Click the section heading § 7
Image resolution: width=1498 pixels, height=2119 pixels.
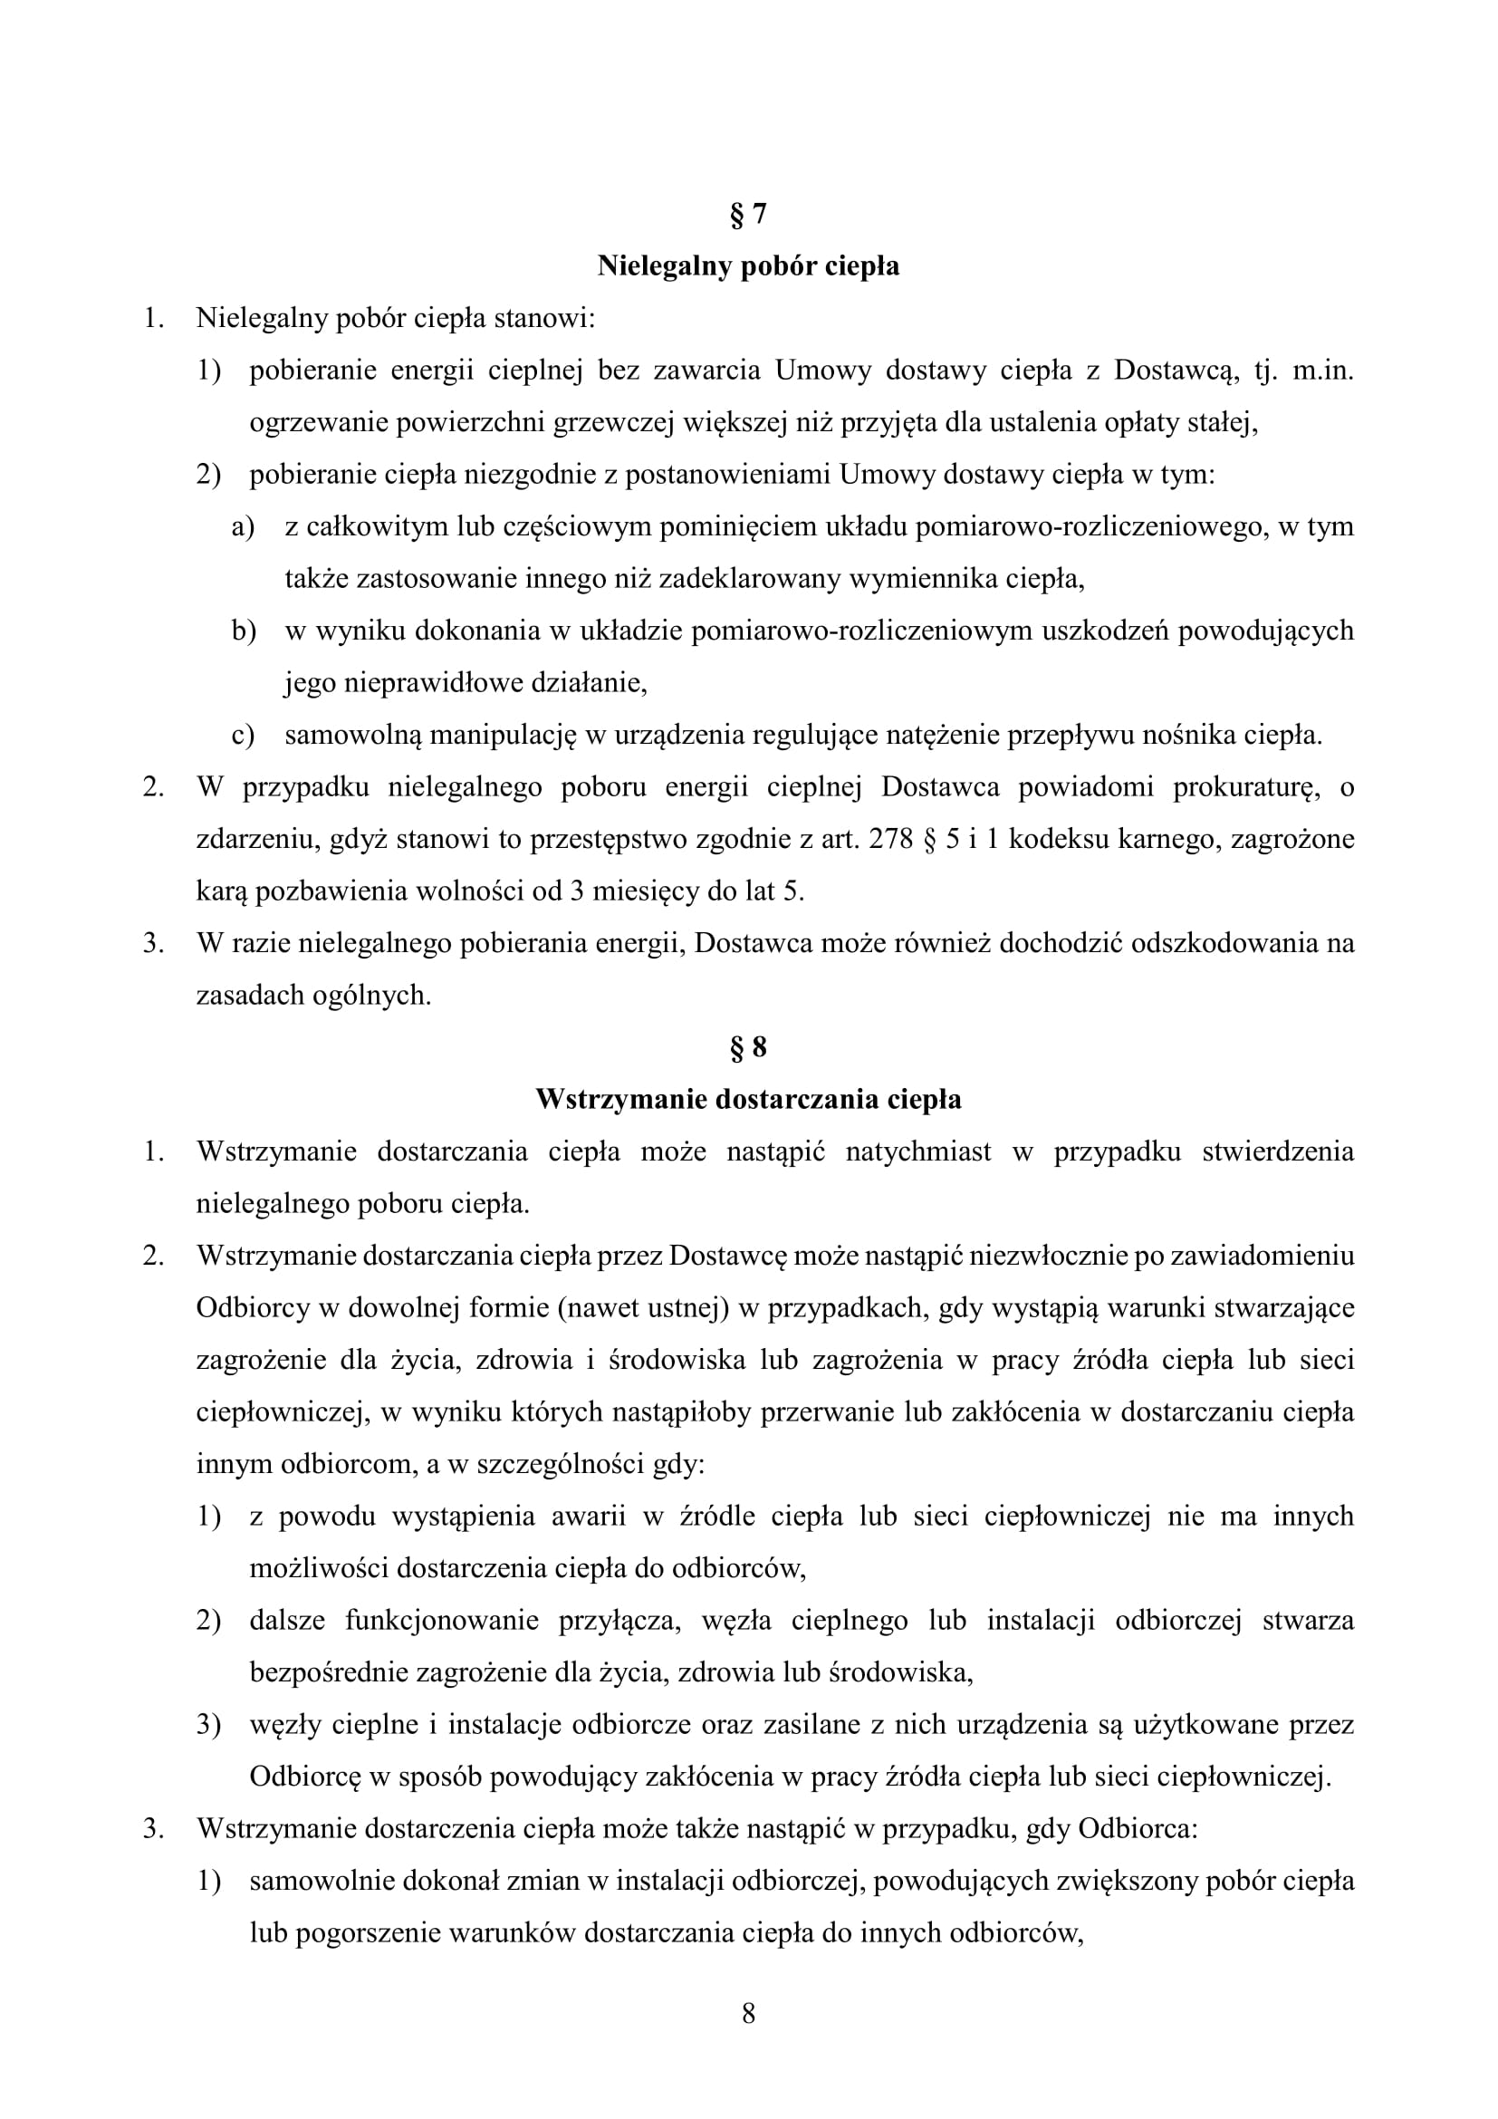pyautogui.click(x=748, y=214)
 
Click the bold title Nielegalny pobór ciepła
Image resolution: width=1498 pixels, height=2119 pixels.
pyautogui.click(x=748, y=265)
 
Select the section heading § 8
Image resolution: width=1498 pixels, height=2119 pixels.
pyautogui.click(x=748, y=1046)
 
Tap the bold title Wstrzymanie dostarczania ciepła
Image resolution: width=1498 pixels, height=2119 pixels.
pyautogui.click(x=748, y=1099)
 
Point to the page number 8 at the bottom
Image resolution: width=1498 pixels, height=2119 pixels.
pyautogui.click(x=748, y=2013)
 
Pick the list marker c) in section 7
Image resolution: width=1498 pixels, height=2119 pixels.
pyautogui.click(x=243, y=735)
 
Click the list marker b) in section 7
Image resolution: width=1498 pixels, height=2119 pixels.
pyautogui.click(x=243, y=631)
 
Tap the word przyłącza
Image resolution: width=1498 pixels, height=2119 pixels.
pyautogui.click(x=619, y=1621)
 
